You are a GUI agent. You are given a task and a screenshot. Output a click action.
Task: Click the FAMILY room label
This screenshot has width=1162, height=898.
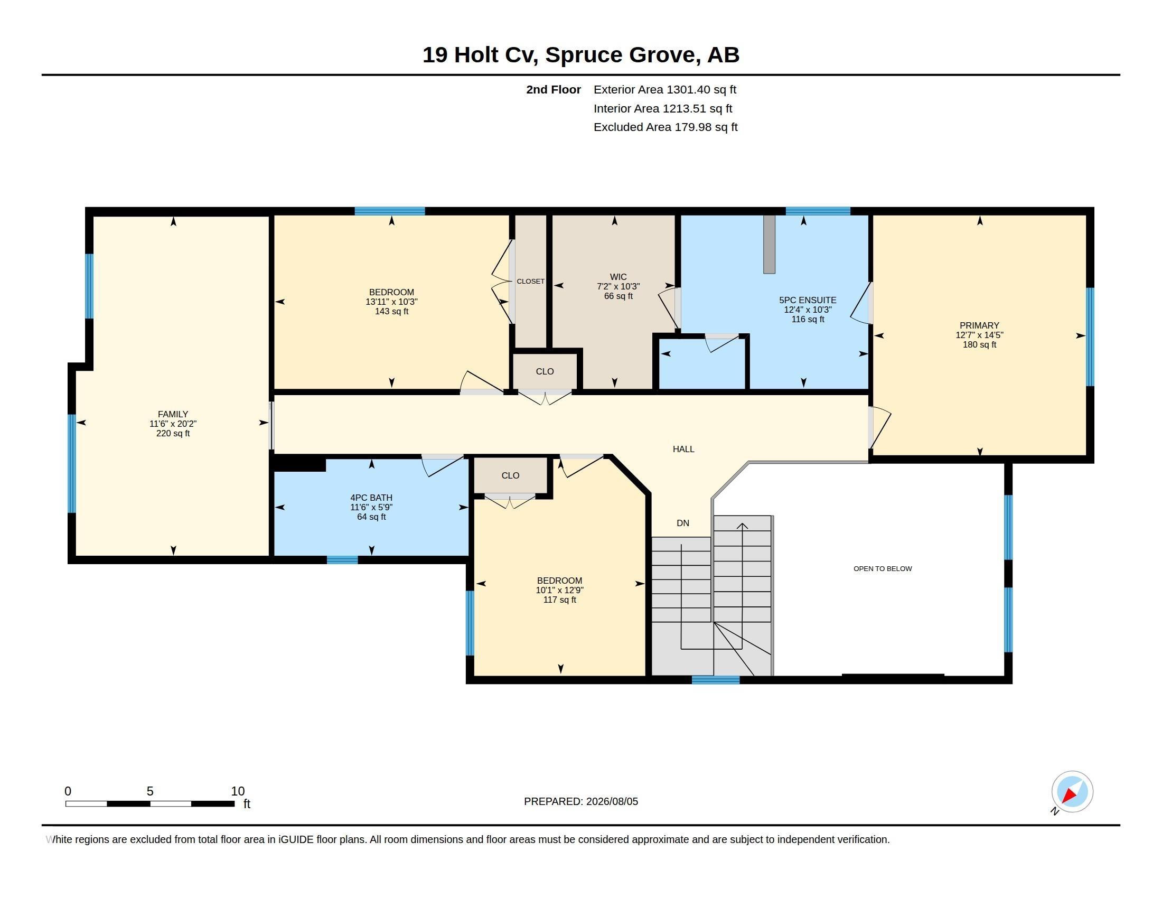[x=173, y=414]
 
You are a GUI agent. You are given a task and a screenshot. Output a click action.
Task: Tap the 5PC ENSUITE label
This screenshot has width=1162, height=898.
[x=808, y=300]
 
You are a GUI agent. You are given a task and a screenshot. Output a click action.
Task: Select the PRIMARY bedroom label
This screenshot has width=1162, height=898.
[x=979, y=325]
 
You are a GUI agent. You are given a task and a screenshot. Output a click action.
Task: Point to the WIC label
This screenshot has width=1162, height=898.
[x=619, y=277]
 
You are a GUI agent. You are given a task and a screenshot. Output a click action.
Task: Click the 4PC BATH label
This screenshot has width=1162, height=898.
[x=371, y=498]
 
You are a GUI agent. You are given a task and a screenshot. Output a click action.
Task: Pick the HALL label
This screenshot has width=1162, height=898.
[x=683, y=449]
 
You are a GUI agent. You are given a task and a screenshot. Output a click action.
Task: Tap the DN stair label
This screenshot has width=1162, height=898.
[x=683, y=523]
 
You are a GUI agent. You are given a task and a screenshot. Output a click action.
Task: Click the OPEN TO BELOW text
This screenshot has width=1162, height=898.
[x=883, y=569]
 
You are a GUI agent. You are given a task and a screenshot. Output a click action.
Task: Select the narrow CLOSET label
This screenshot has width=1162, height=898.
[x=530, y=282]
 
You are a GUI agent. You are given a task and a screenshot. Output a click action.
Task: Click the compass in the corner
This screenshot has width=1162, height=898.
[x=1072, y=791]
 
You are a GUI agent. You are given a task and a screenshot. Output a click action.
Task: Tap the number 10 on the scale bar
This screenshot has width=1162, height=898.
[x=238, y=791]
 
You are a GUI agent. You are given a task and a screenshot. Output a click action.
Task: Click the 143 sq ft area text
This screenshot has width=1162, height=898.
[x=391, y=311]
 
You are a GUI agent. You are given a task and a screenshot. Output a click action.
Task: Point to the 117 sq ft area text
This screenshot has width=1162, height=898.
[x=560, y=600]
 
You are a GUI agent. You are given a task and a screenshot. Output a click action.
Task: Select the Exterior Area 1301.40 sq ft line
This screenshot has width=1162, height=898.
[x=665, y=89]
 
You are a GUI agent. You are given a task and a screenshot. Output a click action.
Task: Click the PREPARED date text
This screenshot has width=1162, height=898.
[x=581, y=801]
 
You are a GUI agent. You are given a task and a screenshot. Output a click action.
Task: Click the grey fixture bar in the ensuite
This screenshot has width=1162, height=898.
[x=770, y=244]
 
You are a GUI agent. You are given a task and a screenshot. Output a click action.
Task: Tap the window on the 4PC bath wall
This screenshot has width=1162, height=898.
[x=342, y=559]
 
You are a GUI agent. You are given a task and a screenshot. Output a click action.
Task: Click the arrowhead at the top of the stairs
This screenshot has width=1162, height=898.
[x=742, y=526]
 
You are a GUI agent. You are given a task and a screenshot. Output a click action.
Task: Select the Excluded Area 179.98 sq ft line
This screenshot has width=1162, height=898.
[x=666, y=127]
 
